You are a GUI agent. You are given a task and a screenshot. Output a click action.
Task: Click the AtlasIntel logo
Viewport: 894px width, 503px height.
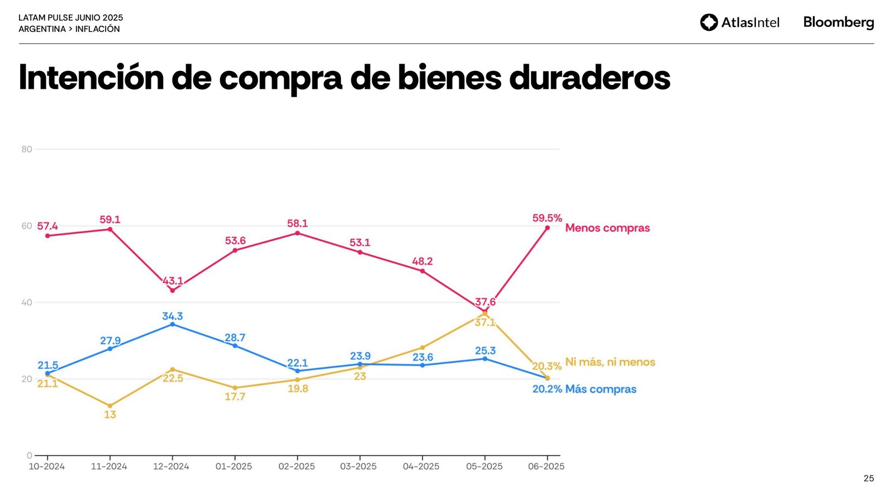pyautogui.click(x=739, y=22)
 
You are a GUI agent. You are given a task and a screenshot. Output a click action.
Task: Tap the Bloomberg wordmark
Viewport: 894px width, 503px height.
pyautogui.click(x=838, y=22)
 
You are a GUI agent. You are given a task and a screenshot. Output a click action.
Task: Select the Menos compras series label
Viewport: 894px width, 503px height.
pyautogui.click(x=607, y=228)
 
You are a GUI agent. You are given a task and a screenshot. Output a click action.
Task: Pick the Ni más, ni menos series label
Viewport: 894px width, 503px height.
pyautogui.click(x=610, y=362)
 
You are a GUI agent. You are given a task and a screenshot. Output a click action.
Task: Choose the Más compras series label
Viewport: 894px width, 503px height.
pyautogui.click(x=601, y=389)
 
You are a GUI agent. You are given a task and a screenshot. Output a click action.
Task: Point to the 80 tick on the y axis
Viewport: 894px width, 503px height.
pyautogui.click(x=27, y=149)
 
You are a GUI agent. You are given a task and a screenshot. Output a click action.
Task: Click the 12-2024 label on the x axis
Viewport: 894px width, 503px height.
pyautogui.click(x=171, y=467)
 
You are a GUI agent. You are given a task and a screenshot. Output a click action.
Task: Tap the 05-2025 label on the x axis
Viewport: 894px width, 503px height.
pyautogui.click(x=484, y=467)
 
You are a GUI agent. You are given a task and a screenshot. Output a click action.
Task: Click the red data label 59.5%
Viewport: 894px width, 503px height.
pyautogui.click(x=547, y=218)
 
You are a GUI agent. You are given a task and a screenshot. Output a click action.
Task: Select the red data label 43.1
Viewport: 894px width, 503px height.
pyautogui.click(x=173, y=281)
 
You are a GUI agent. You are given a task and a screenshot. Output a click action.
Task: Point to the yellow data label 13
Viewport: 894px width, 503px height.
pyautogui.click(x=110, y=415)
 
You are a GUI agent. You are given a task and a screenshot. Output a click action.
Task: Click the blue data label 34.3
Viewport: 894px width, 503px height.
pyautogui.click(x=173, y=316)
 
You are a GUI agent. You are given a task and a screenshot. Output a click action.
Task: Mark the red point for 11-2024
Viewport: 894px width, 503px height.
pyautogui.click(x=110, y=229)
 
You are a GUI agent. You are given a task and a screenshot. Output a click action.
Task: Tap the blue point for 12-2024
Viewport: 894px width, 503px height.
pyautogui.click(x=172, y=324)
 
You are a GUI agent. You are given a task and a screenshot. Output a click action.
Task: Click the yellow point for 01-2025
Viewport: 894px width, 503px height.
pyautogui.click(x=235, y=388)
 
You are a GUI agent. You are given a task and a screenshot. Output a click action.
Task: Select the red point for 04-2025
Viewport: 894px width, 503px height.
pyautogui.click(x=422, y=271)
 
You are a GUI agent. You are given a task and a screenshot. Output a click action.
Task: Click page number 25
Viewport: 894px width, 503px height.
pyautogui.click(x=868, y=478)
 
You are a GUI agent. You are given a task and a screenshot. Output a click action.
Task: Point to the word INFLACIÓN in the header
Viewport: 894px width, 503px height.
pyautogui.click(x=97, y=29)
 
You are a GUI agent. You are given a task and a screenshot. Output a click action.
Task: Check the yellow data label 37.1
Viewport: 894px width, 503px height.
pyautogui.click(x=484, y=322)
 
